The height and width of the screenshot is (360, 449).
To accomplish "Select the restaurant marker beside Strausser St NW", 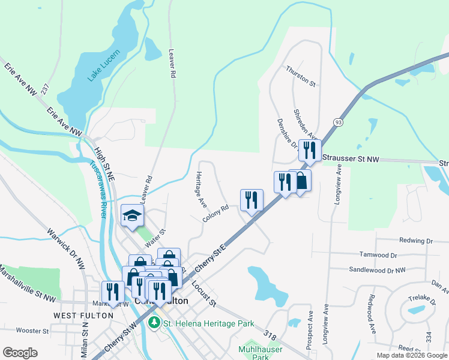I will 310,150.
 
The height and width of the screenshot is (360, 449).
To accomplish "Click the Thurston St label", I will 301,76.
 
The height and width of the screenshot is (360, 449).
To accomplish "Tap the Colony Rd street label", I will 215,214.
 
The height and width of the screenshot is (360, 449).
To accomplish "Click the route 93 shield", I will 339,122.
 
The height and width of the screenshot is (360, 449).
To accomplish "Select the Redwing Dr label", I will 412,241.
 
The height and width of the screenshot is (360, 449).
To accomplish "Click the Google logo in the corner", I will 20,353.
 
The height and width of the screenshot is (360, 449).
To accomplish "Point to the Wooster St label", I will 32,331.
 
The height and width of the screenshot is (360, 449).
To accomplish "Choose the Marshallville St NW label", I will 26,283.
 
